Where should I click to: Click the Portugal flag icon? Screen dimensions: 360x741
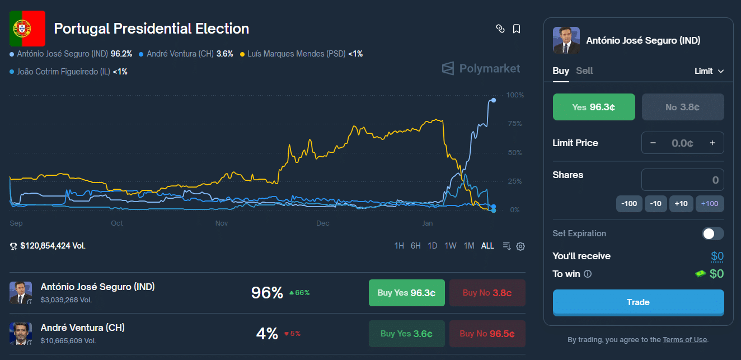pos(27,29)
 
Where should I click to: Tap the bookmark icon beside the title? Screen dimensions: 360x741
pos(517,29)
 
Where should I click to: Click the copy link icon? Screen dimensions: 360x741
pos(500,29)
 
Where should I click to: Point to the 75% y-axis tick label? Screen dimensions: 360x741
pos(514,124)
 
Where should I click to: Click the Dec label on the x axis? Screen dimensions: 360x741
pos(323,223)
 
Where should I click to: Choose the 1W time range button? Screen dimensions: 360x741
pos(451,246)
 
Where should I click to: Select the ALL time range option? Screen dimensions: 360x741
pos(487,246)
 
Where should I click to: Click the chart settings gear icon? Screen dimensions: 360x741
pos(520,246)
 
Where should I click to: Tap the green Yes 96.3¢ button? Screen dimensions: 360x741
pos(594,107)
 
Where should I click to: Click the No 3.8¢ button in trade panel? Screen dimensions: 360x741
pos(683,107)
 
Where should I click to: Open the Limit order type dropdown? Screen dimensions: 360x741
pos(709,71)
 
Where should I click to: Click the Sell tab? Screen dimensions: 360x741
pos(584,71)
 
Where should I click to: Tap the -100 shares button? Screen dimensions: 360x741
pos(629,203)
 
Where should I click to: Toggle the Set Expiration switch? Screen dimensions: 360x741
pos(713,233)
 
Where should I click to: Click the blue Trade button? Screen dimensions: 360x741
pos(638,302)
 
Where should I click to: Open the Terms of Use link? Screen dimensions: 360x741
pos(684,340)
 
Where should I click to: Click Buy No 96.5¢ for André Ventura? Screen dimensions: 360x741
pos(487,334)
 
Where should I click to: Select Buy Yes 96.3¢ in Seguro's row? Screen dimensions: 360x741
pos(406,293)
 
